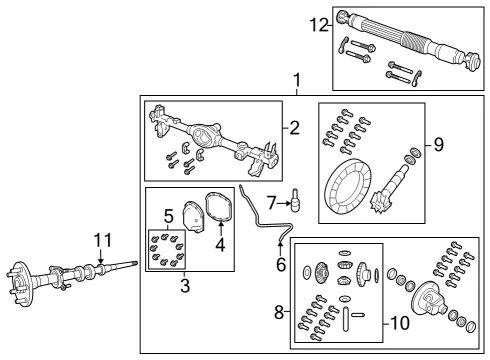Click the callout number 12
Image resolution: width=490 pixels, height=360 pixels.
coord(319,25)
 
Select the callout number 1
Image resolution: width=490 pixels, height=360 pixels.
coord(297,81)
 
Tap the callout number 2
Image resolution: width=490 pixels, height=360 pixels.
coord(294,128)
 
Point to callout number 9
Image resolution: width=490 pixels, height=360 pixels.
coord(439,145)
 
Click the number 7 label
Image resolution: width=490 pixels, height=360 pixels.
coord(272,203)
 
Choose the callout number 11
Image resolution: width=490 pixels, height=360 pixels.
coord(103,240)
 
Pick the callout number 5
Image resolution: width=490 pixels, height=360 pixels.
coord(169,216)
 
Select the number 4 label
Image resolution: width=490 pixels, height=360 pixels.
coord(220,245)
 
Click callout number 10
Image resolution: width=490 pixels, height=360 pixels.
coord(400,323)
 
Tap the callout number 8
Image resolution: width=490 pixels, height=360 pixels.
coord(279,313)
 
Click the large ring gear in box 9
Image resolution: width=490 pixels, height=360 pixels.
coord(348,185)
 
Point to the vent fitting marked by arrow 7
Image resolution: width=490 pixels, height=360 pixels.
coord(296,200)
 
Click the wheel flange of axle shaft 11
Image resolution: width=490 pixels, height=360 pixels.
coord(21,283)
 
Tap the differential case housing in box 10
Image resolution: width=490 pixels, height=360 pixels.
coord(428,298)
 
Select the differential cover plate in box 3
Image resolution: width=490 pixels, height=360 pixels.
coord(193,216)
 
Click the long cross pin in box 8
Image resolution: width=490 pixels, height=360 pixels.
coord(346,320)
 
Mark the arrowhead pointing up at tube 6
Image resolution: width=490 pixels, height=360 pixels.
coord(280,246)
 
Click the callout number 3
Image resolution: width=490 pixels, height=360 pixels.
coord(185,286)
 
